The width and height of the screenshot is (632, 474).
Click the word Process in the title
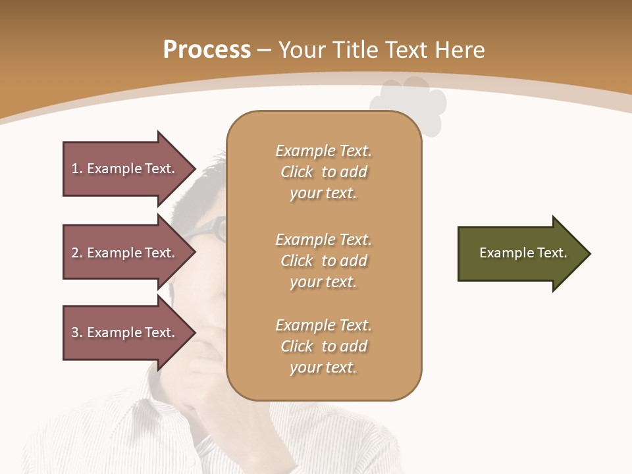(207, 50)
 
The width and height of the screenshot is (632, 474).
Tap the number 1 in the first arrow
(75, 169)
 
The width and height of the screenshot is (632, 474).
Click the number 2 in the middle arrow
(75, 253)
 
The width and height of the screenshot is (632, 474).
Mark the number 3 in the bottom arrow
(75, 332)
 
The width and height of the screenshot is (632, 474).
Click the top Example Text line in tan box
(323, 151)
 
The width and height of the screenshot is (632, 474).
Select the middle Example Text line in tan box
(323, 240)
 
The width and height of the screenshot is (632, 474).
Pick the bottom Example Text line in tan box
(323, 325)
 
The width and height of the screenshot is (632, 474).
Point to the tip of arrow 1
(194, 169)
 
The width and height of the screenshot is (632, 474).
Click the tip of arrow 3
(194, 332)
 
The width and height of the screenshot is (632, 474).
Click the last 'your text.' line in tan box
(323, 367)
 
